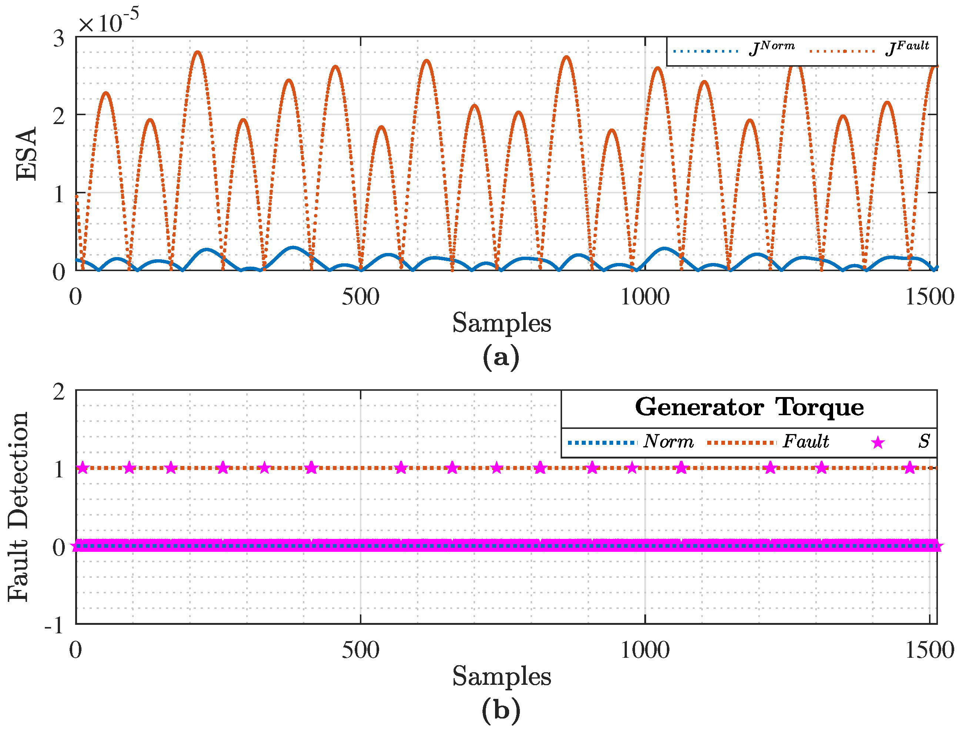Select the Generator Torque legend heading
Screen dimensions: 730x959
pyautogui.click(x=749, y=407)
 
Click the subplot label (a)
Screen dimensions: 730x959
pyautogui.click(x=501, y=357)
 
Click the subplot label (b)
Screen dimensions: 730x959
pyautogui.click(x=501, y=710)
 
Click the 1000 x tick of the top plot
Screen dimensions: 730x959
pyautogui.click(x=645, y=297)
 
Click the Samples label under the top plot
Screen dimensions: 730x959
pyautogui.click(x=502, y=323)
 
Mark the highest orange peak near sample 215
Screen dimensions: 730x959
pyautogui.click(x=198, y=52)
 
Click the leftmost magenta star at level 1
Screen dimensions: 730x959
pyautogui.click(x=83, y=468)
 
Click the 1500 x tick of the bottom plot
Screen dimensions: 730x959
pyautogui.click(x=929, y=650)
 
